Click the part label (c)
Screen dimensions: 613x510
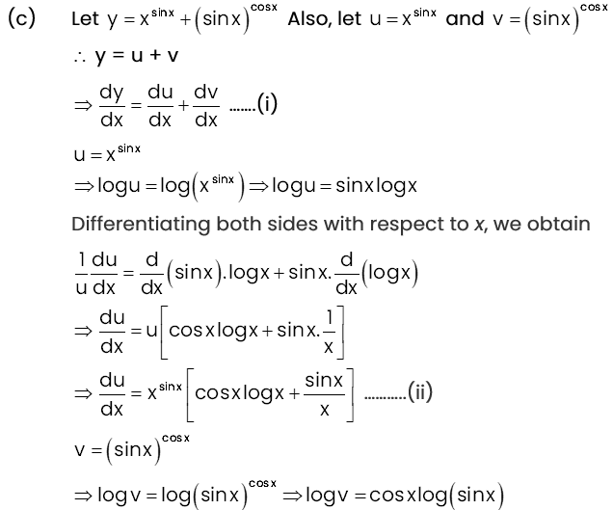[x=22, y=18]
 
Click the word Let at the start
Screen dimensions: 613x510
[x=85, y=18]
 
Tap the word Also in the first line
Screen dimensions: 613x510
[x=310, y=18]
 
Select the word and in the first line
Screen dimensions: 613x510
[x=465, y=18]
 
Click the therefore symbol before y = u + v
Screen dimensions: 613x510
[x=80, y=58]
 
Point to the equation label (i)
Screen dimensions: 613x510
[x=267, y=104]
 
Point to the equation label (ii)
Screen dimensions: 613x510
[x=420, y=391]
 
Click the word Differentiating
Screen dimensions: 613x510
[x=141, y=224]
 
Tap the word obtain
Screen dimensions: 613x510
[x=559, y=224]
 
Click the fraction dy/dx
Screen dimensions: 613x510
[x=112, y=106]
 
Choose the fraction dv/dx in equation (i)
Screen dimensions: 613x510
[x=206, y=106]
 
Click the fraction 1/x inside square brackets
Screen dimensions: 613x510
[x=330, y=332]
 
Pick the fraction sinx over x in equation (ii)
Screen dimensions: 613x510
[x=324, y=394]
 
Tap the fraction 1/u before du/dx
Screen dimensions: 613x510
[x=81, y=274]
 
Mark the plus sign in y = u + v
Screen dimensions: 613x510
[x=155, y=55]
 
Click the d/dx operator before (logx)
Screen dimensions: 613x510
[x=346, y=274]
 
